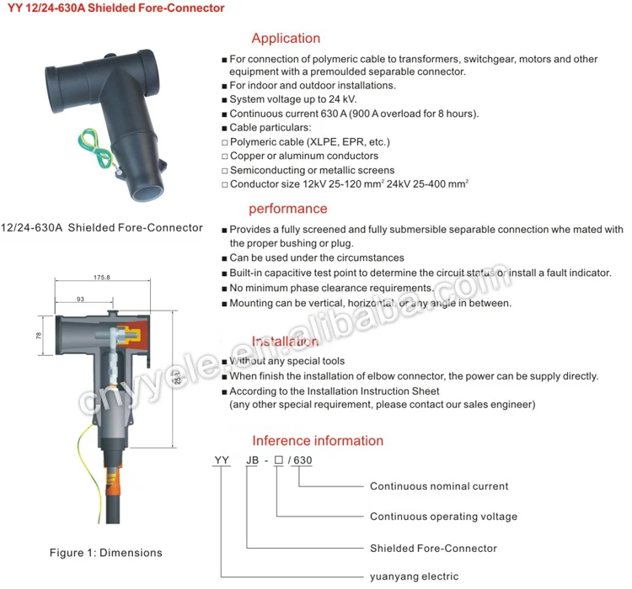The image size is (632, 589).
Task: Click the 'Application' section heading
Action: [x=286, y=38]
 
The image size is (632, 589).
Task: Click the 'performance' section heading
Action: [x=287, y=209]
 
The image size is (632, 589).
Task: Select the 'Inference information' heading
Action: [x=318, y=441]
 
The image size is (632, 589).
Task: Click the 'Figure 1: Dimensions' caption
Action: [x=105, y=553]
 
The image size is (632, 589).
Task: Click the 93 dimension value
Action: [x=80, y=299]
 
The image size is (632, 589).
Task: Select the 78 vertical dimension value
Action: [x=39, y=336]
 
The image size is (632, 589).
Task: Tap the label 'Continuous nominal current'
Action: [x=439, y=486]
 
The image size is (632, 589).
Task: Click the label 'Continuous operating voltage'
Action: [x=443, y=517]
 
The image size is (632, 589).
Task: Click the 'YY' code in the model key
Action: [x=222, y=461]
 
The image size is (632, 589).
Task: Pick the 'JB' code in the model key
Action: [x=252, y=461]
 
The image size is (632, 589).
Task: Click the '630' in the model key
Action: [x=303, y=461]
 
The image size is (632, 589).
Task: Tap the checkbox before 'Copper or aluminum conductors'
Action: [x=224, y=157]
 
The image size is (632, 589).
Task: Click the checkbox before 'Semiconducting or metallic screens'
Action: [x=224, y=171]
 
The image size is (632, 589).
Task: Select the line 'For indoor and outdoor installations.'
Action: [x=313, y=85]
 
